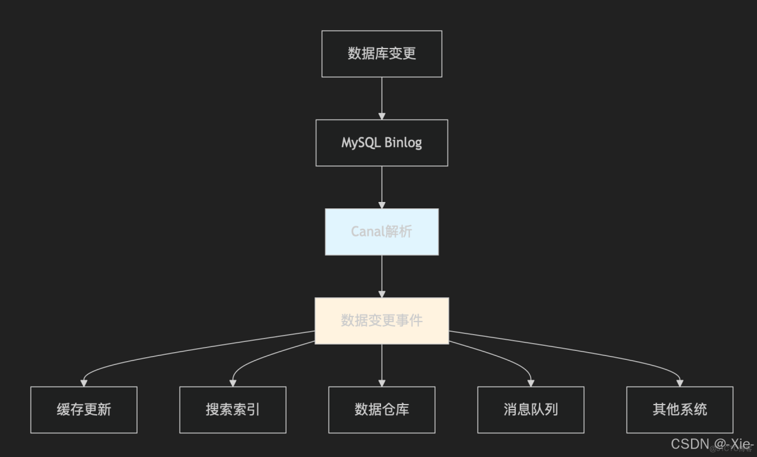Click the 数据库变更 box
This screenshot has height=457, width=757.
pos(382,54)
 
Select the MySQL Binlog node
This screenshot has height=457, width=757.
pos(382,143)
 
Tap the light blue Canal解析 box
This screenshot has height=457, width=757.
pos(382,231)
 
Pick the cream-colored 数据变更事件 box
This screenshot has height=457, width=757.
pos(382,320)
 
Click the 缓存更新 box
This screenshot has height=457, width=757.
pos(84,410)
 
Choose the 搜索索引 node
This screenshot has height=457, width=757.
pos(233,410)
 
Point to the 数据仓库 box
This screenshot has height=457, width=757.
pos(382,410)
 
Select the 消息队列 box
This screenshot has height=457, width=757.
pos(531,410)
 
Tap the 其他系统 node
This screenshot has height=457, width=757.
pos(680,410)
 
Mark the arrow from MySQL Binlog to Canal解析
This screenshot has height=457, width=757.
pos(382,187)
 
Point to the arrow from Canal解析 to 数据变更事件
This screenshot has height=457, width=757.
pos(382,275)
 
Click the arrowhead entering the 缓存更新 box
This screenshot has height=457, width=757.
pos(84,383)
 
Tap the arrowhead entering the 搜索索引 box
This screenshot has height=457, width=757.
pos(233,383)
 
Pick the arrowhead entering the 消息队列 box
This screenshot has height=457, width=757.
pos(531,383)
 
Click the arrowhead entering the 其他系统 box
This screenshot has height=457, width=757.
pos(680,383)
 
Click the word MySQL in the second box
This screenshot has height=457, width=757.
pos(360,143)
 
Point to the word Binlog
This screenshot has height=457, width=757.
pos(403,143)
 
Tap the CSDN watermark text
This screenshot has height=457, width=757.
pos(691,444)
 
